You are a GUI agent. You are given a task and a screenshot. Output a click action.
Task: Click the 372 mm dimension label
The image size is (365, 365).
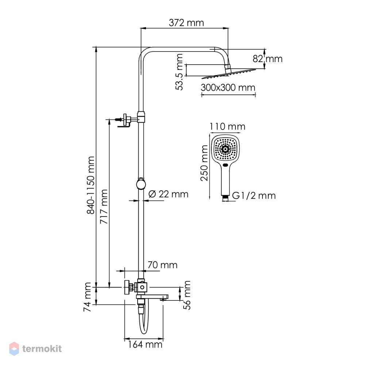[x=186, y=23]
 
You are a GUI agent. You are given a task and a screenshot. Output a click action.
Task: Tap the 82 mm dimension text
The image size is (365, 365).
[x=268, y=59]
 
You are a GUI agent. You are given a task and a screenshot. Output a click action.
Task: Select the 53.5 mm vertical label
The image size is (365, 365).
[x=180, y=72]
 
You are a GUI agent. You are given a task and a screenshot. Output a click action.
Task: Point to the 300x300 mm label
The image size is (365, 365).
[x=228, y=88]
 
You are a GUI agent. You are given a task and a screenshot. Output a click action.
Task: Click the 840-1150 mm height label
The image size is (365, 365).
[x=91, y=185]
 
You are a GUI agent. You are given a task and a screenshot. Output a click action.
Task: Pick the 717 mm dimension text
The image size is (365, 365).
[x=104, y=207]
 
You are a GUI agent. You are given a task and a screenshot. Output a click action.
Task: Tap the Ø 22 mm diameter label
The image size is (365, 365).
[x=168, y=194]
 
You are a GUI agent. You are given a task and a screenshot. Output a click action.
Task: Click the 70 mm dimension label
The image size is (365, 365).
[x=162, y=265]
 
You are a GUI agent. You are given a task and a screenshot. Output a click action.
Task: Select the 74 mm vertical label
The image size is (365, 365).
[x=87, y=297]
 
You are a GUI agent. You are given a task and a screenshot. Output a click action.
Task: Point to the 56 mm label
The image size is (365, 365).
[x=187, y=295]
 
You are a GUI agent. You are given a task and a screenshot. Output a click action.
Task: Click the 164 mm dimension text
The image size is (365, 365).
[x=145, y=345]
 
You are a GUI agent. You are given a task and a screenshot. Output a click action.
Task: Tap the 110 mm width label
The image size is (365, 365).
[x=227, y=127]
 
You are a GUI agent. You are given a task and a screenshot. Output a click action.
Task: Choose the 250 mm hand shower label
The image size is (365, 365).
[x=204, y=163]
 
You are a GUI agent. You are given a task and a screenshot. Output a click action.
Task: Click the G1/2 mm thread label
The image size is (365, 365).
[x=254, y=196]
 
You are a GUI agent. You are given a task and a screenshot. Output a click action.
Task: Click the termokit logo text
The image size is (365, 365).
[x=42, y=349]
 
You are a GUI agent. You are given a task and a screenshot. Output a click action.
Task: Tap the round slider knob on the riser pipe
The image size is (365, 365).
[x=141, y=184]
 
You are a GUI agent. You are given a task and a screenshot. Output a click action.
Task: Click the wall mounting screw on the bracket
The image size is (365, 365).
[x=119, y=120]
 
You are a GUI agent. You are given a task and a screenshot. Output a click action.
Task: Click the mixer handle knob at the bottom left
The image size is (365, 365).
[x=127, y=288]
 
